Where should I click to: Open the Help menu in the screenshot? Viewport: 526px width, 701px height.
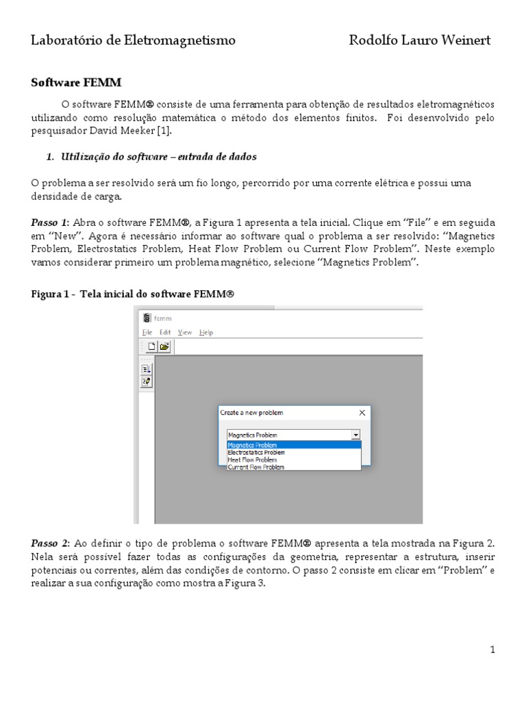[206, 332]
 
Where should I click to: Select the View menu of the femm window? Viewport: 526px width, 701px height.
[185, 332]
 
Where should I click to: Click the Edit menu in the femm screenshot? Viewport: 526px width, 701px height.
[165, 332]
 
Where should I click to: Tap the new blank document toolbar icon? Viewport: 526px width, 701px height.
[152, 346]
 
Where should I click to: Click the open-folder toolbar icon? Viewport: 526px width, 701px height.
[164, 346]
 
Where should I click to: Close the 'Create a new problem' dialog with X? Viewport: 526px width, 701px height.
[362, 413]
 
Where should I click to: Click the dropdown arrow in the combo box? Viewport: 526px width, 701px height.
[355, 435]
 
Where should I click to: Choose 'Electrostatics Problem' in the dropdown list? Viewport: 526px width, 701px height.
[256, 453]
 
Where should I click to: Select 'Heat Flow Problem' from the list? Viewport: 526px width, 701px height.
[252, 460]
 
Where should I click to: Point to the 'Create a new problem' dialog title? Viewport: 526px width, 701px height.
[251, 413]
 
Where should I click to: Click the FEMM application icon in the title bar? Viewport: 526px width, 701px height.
[145, 318]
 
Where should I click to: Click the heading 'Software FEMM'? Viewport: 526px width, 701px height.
[76, 82]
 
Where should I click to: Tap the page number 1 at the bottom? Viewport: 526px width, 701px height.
[492, 650]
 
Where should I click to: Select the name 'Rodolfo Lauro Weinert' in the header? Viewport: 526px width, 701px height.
[420, 40]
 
